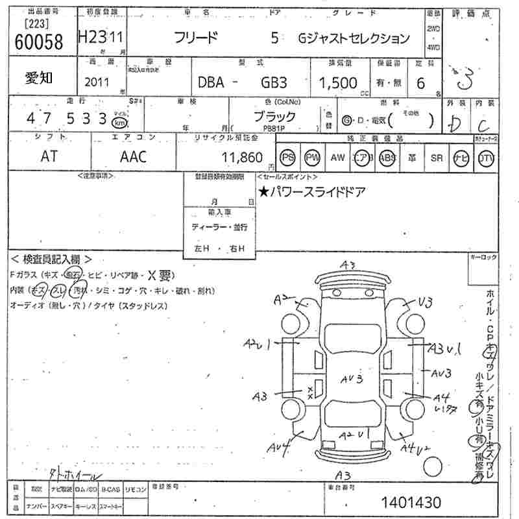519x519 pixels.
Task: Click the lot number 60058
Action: pos(38,42)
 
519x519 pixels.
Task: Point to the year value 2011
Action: pos(97,83)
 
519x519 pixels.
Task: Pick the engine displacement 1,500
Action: pos(337,82)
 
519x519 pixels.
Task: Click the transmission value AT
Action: pos(49,156)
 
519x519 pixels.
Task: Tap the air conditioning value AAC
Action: pos(133,156)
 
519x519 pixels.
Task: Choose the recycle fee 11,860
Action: pos(242,157)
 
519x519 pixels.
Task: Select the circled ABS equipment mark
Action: pos(387,158)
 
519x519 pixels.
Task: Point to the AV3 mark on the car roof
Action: pos(351,380)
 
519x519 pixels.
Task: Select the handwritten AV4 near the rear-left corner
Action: pos(277,446)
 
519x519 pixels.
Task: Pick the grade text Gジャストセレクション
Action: pos(354,38)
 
